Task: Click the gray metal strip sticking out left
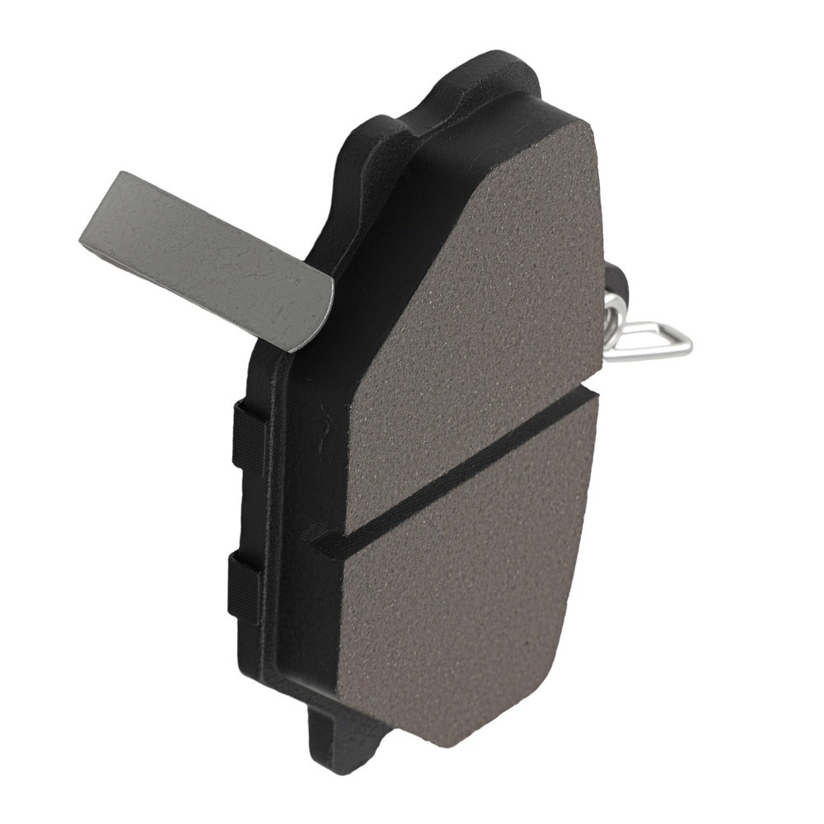point(206,255)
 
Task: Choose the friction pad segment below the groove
point(461,593)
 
